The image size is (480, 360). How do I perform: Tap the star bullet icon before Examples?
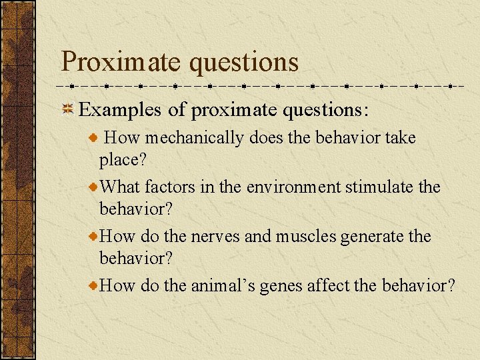coord(67,109)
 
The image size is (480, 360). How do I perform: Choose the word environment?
coord(294,187)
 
